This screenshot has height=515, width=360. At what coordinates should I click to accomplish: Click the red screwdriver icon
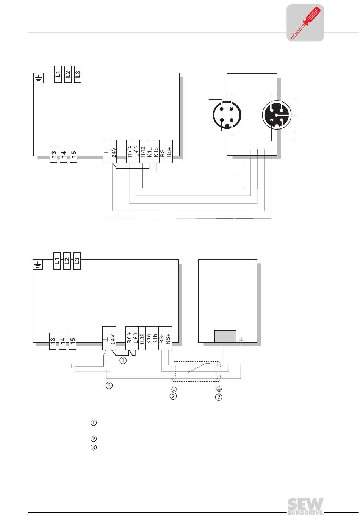pos(305,23)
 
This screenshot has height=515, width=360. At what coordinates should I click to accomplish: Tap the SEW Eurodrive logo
pos(305,506)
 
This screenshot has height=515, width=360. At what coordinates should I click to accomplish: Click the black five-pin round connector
pos(277,115)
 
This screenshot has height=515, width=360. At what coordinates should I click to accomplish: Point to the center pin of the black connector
pos(277,115)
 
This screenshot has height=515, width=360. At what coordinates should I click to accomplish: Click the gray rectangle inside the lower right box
pos(225,336)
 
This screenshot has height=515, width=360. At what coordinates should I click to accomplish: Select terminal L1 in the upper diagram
pos(58,74)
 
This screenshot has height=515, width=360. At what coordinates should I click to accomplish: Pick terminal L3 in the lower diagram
pos(77,261)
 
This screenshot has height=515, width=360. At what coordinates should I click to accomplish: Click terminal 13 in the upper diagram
pos(53,154)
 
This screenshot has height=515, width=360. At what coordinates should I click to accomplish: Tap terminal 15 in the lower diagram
pos(73,341)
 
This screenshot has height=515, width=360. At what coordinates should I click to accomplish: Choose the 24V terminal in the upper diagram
pos(113,151)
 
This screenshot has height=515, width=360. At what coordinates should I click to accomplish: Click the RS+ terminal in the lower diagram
pos(168,338)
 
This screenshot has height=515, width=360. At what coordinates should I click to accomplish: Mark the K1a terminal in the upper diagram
pos(150,151)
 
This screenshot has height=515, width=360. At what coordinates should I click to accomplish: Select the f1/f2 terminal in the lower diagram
pos(142,338)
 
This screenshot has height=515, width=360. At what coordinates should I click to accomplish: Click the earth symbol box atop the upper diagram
pos(39,78)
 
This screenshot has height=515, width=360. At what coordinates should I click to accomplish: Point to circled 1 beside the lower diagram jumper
pos(123,360)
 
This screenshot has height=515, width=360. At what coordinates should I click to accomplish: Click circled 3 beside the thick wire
pos(109,385)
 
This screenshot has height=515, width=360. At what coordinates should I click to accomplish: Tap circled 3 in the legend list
pos(94,448)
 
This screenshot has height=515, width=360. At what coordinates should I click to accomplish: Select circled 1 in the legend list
pos(94,423)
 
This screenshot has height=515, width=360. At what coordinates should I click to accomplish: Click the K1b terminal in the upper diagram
pos(156,151)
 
